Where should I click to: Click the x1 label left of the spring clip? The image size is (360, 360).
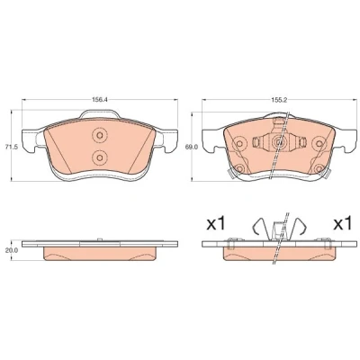(216, 224)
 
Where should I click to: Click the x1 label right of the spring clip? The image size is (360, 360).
(342, 224)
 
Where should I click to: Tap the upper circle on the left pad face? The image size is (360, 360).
(99, 135)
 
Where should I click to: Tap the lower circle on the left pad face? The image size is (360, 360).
(99, 157)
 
